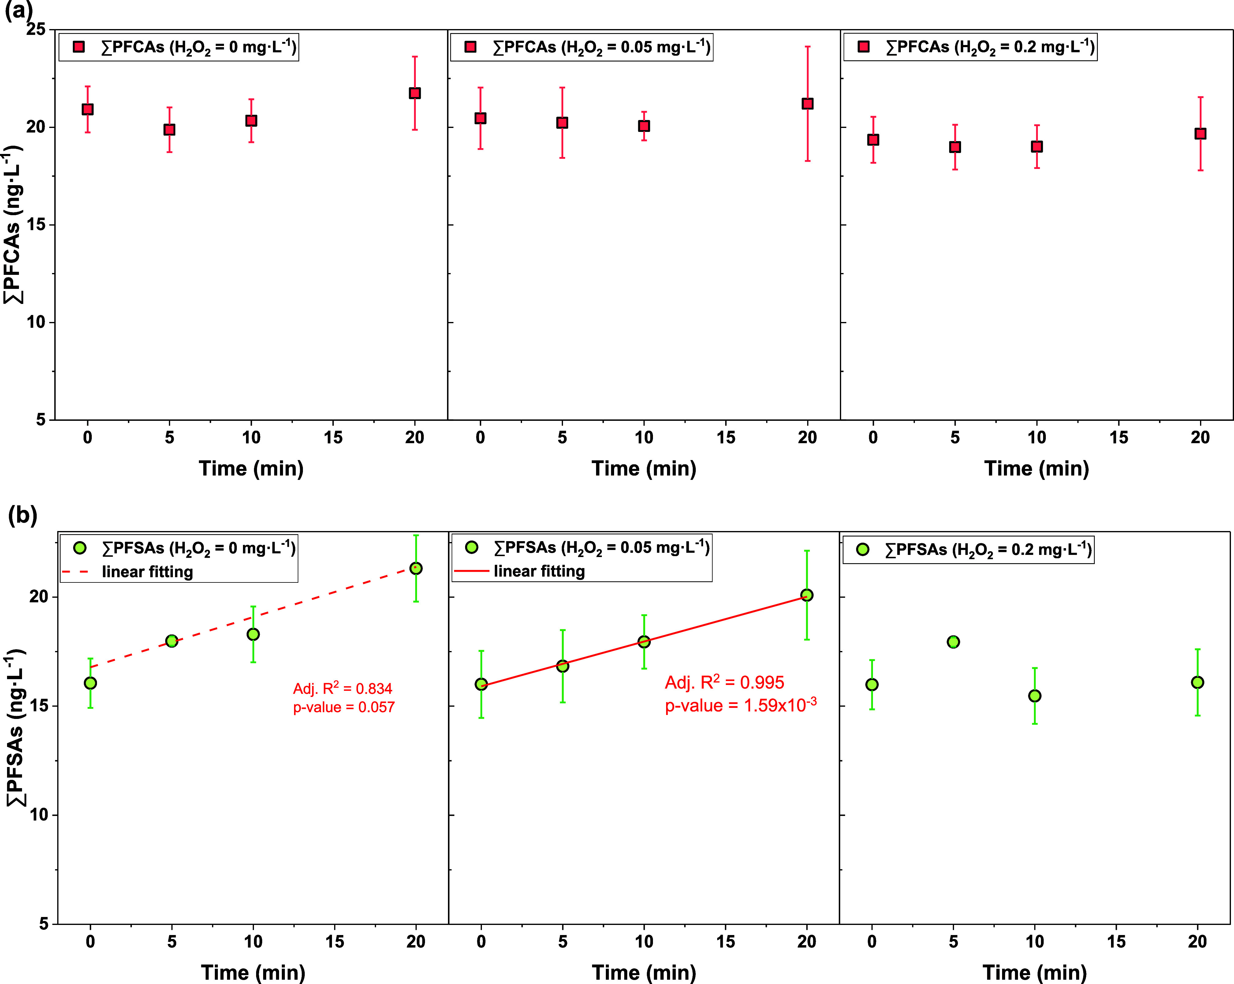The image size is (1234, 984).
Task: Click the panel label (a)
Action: coord(18,10)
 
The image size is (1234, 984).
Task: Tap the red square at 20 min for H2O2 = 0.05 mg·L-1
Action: coord(807,104)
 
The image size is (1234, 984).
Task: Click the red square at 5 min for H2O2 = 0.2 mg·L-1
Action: coord(955,147)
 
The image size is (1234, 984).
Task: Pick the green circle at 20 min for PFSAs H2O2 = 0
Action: coord(416,568)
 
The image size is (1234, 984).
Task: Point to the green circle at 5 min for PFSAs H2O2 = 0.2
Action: coord(953,642)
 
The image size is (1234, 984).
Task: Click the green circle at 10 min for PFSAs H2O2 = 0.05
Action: coord(644,642)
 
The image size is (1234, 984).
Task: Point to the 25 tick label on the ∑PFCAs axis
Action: coord(36,29)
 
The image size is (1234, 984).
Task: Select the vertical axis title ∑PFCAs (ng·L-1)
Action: coord(13,225)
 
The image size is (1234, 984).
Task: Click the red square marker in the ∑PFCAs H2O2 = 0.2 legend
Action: coord(864,46)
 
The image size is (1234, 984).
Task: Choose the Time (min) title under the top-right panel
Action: coord(1037,468)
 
